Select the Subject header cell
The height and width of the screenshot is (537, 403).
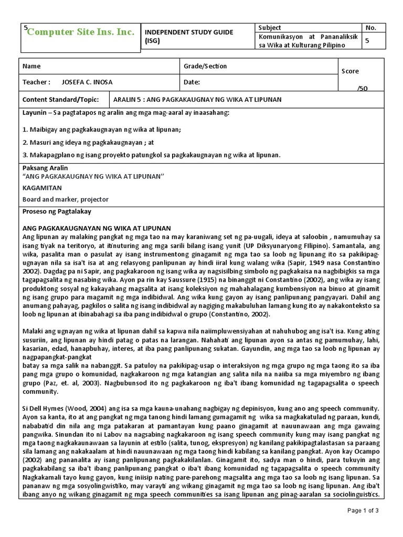coord(270,28)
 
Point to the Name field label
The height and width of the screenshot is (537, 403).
coord(31,67)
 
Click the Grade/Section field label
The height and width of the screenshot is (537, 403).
coord(205,67)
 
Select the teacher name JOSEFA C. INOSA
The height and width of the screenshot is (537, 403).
coord(87,82)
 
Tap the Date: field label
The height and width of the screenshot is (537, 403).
coord(192,82)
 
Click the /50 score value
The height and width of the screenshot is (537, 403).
coord(363,88)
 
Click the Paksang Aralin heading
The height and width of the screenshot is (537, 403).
coord(45,168)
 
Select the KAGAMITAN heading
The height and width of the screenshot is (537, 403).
coord(42,187)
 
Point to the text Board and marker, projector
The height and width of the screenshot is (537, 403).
coord(66,199)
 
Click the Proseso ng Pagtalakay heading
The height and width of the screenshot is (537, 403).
coord(57,211)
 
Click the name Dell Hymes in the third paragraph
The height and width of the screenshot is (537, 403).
coord(44,408)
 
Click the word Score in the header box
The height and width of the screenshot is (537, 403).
coord(350,71)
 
